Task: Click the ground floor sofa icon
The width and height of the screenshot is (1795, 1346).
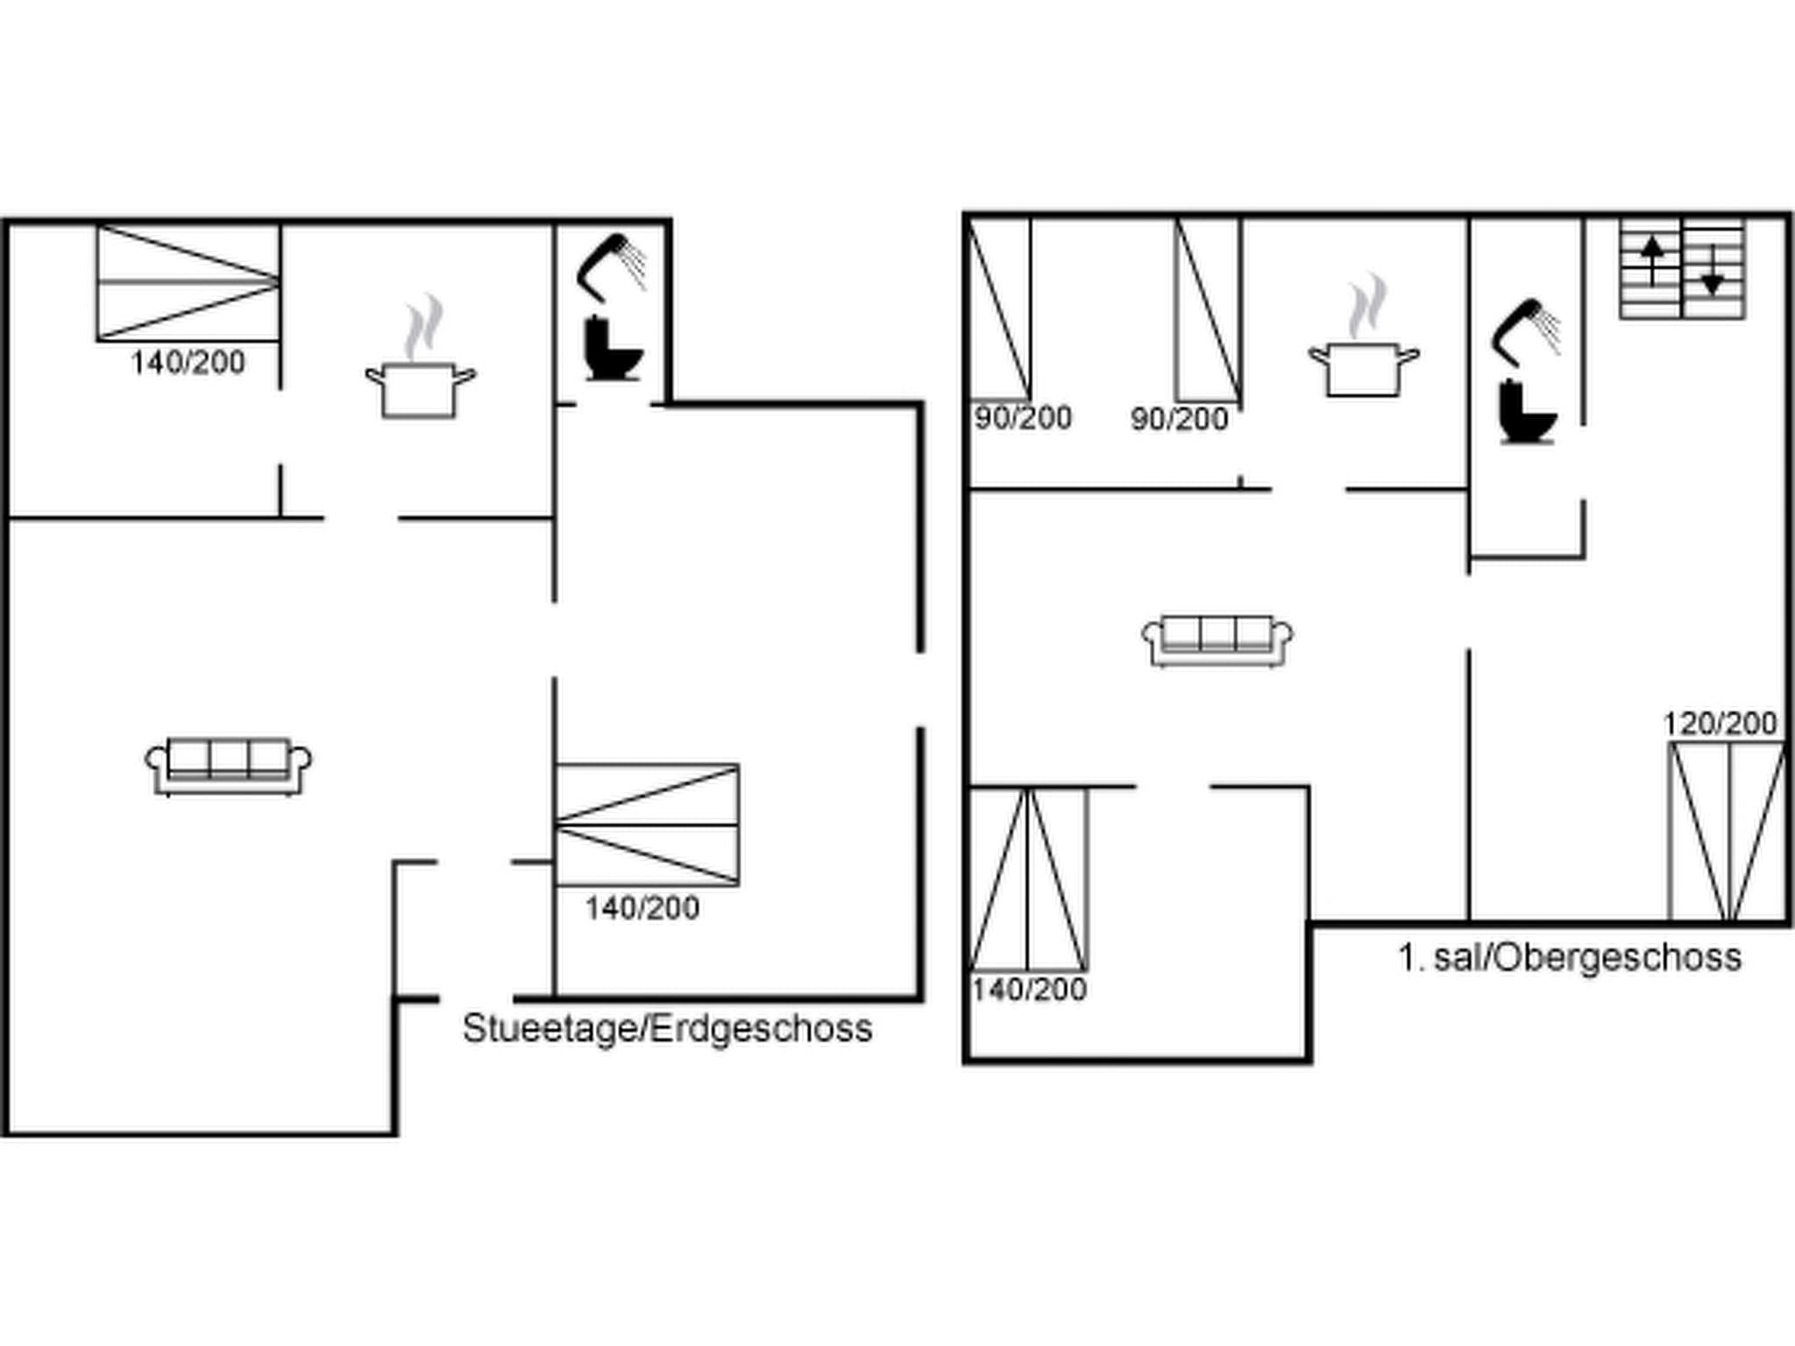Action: (228, 766)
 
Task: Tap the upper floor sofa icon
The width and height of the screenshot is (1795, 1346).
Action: (1217, 640)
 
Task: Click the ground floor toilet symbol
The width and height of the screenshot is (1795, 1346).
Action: (613, 350)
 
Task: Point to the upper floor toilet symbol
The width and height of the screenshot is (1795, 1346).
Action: (1528, 413)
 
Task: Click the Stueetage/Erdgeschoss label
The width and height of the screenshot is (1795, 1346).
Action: (667, 1029)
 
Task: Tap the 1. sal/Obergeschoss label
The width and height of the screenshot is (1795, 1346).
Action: (1569, 957)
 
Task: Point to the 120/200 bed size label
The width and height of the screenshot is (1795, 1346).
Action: (1720, 724)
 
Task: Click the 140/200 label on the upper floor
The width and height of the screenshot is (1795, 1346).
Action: (1029, 989)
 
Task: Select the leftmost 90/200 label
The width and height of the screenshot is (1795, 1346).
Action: (1023, 418)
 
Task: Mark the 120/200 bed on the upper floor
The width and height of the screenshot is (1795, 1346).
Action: (1726, 831)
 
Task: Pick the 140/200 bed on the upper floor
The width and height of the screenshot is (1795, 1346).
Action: (1028, 879)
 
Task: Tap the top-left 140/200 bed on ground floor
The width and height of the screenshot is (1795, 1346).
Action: (188, 283)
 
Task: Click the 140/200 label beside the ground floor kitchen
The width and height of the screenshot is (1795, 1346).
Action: (188, 362)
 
